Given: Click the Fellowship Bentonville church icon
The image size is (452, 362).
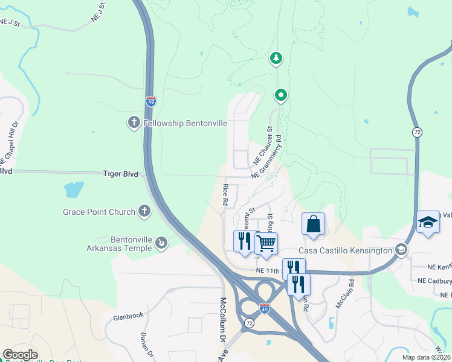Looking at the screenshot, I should (134, 123).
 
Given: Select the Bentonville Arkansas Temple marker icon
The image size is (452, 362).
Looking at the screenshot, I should (161, 243).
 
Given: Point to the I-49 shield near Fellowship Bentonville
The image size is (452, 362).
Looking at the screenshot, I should (150, 101).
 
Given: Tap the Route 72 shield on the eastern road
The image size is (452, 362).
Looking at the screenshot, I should (417, 132).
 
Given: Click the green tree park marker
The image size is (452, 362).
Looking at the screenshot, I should (276, 58).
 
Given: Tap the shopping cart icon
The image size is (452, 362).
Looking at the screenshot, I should (266, 243).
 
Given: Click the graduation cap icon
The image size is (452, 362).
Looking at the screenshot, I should (428, 221).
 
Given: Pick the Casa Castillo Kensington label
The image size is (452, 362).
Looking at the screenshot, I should (345, 250).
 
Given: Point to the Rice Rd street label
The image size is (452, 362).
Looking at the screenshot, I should (225, 195).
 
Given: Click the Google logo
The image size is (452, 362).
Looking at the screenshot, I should (20, 355).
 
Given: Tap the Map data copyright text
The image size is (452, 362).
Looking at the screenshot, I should (425, 357).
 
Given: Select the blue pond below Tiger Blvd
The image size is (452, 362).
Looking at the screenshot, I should (74, 190).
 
